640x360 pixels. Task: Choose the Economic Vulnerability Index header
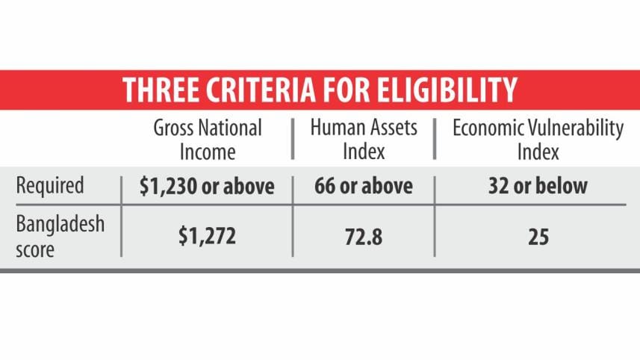(x=538, y=140)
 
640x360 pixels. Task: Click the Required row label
(x=52, y=187)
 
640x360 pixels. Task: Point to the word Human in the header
(x=333, y=128)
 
